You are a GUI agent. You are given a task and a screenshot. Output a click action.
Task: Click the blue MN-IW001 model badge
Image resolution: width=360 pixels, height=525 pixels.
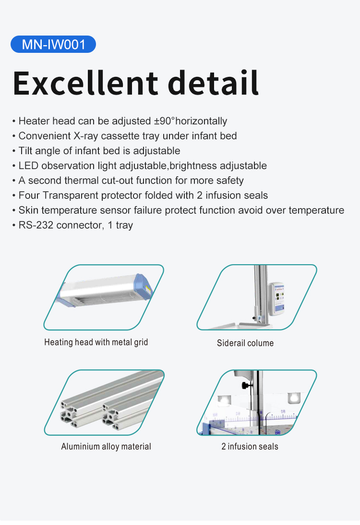tap(53, 44)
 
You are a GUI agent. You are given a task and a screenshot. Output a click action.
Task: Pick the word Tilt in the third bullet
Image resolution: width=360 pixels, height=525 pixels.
tap(25, 151)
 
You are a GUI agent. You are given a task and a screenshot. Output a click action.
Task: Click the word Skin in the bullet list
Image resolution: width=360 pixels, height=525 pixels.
tap(28, 210)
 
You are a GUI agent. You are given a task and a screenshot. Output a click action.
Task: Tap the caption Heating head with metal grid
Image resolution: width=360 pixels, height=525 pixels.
tap(96, 342)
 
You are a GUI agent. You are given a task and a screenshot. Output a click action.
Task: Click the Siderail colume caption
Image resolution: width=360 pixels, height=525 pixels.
tap(245, 343)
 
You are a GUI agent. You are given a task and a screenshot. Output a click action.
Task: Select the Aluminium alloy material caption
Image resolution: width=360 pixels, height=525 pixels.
tap(106, 446)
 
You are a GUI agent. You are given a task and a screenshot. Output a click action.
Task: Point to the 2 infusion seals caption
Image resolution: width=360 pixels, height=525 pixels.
tap(250, 446)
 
